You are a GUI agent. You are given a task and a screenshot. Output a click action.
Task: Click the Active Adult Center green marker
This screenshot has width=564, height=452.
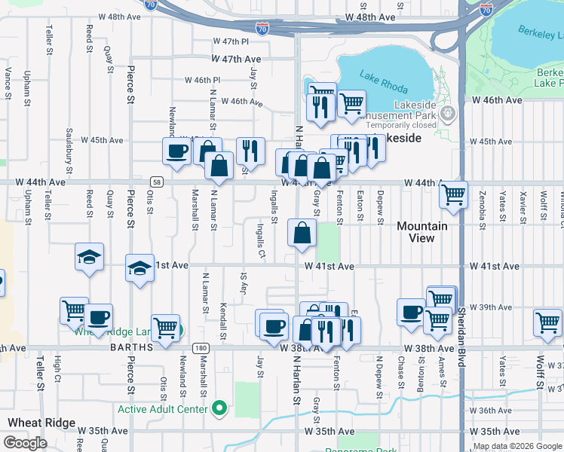click(x=219, y=409)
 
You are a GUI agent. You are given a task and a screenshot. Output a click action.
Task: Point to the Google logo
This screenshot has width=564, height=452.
click(x=25, y=443)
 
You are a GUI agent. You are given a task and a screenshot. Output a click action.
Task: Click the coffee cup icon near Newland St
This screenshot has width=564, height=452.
click(x=177, y=150)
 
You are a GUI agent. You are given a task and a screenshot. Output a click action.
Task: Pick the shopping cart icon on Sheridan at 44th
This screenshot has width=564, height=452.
click(x=454, y=194)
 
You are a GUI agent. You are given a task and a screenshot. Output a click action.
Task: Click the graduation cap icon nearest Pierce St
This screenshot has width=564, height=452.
click(x=139, y=268)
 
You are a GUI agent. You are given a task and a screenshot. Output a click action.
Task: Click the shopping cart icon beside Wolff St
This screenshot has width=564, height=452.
click(x=547, y=322)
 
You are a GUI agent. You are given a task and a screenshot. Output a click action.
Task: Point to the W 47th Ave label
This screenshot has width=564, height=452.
click(x=236, y=58)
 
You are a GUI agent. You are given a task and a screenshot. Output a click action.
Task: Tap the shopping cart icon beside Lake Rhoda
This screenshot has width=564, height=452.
click(x=351, y=104)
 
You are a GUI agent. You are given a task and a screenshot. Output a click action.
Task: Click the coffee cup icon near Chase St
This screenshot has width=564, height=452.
click(x=411, y=311)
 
